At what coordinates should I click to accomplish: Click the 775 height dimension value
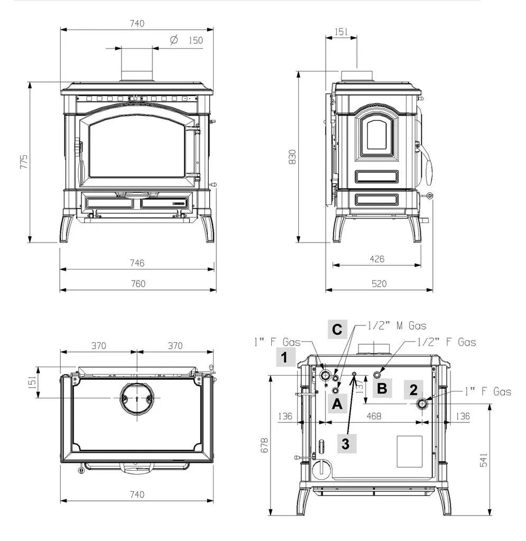23,162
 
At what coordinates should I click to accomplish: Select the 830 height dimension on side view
292,157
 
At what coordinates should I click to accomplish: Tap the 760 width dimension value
138,284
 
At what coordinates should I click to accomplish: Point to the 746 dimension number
137,263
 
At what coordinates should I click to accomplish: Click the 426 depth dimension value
377,259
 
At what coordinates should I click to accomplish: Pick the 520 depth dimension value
379,284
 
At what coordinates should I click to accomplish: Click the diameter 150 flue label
187,40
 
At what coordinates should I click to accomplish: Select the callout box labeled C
337,329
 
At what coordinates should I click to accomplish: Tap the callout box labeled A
337,403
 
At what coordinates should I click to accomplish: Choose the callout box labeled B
382,388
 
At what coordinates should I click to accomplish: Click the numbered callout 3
346,444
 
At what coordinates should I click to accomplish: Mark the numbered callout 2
413,390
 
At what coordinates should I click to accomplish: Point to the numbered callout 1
285,357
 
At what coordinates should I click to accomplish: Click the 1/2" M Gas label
396,325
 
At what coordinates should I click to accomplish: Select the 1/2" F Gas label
447,342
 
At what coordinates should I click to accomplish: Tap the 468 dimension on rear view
374,416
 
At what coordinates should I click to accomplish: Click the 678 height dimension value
264,445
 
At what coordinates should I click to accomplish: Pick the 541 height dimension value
484,460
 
